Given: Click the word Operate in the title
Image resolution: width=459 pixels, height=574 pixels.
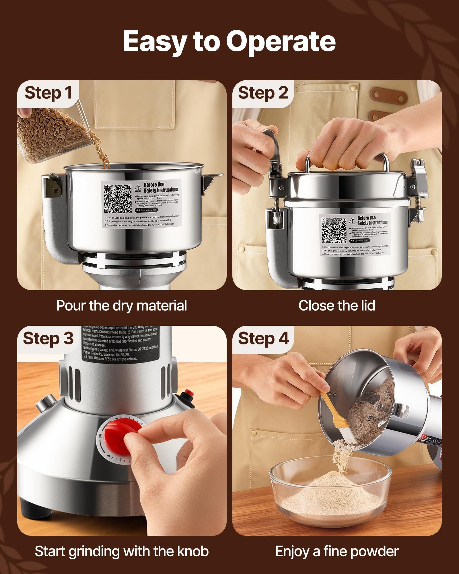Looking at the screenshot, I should pyautogui.click(x=281, y=42).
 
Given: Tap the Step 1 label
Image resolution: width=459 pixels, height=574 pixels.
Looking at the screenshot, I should pyautogui.click(x=48, y=93).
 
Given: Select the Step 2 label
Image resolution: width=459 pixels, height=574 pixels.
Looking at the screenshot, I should pyautogui.click(x=263, y=93).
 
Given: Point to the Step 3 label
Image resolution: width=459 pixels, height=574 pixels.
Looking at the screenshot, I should pyautogui.click(x=48, y=338).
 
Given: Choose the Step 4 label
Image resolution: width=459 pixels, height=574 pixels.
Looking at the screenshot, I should pyautogui.click(x=263, y=338).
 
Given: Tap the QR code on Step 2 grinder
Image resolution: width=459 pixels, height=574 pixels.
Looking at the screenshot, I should pyautogui.click(x=334, y=230).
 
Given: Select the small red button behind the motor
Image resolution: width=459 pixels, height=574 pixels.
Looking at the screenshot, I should pyautogui.click(x=188, y=392).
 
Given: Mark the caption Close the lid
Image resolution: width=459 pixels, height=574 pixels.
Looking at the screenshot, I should pyautogui.click(x=337, y=305).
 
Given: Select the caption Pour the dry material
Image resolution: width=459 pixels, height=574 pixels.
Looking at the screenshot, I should pyautogui.click(x=122, y=305).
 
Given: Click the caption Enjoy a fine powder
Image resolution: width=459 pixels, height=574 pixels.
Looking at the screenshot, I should pyautogui.click(x=337, y=551).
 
